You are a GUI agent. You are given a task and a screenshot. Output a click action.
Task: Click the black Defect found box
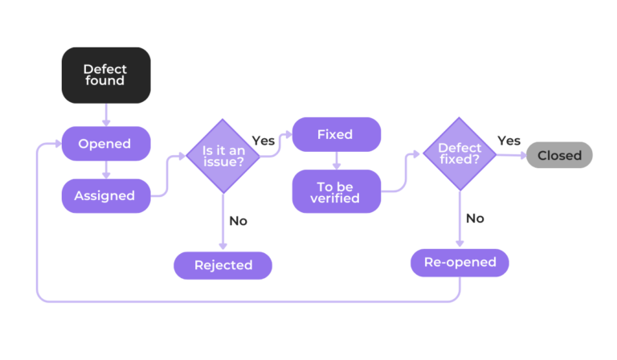(105, 75)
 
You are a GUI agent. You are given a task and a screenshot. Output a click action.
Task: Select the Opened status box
(105, 144)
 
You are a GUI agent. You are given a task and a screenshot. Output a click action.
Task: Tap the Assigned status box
(105, 195)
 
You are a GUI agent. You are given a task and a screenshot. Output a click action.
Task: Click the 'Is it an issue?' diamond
(223, 156)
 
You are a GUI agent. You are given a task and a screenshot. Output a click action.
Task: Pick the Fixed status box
(335, 134)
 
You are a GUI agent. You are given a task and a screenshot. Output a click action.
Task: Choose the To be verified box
(335, 191)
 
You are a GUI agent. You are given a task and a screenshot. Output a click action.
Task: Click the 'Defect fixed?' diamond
(460, 154)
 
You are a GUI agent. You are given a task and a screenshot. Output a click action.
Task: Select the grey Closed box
(559, 155)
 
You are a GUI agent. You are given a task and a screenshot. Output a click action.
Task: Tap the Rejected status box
(223, 264)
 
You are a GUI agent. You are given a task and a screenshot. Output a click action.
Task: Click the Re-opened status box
(460, 262)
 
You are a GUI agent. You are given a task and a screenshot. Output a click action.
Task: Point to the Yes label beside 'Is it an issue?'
(264, 141)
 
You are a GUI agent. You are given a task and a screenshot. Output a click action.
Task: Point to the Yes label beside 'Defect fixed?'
(509, 141)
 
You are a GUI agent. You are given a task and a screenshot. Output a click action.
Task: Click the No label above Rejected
(238, 220)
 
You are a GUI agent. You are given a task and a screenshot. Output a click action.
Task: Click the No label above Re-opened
(475, 218)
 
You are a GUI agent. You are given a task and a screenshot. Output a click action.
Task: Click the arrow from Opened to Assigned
(106, 170)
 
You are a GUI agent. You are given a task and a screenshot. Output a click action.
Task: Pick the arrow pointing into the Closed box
(511, 155)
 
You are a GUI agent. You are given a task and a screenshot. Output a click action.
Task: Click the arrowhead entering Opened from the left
(57, 144)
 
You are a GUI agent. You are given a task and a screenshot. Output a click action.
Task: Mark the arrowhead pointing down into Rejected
(223, 247)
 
